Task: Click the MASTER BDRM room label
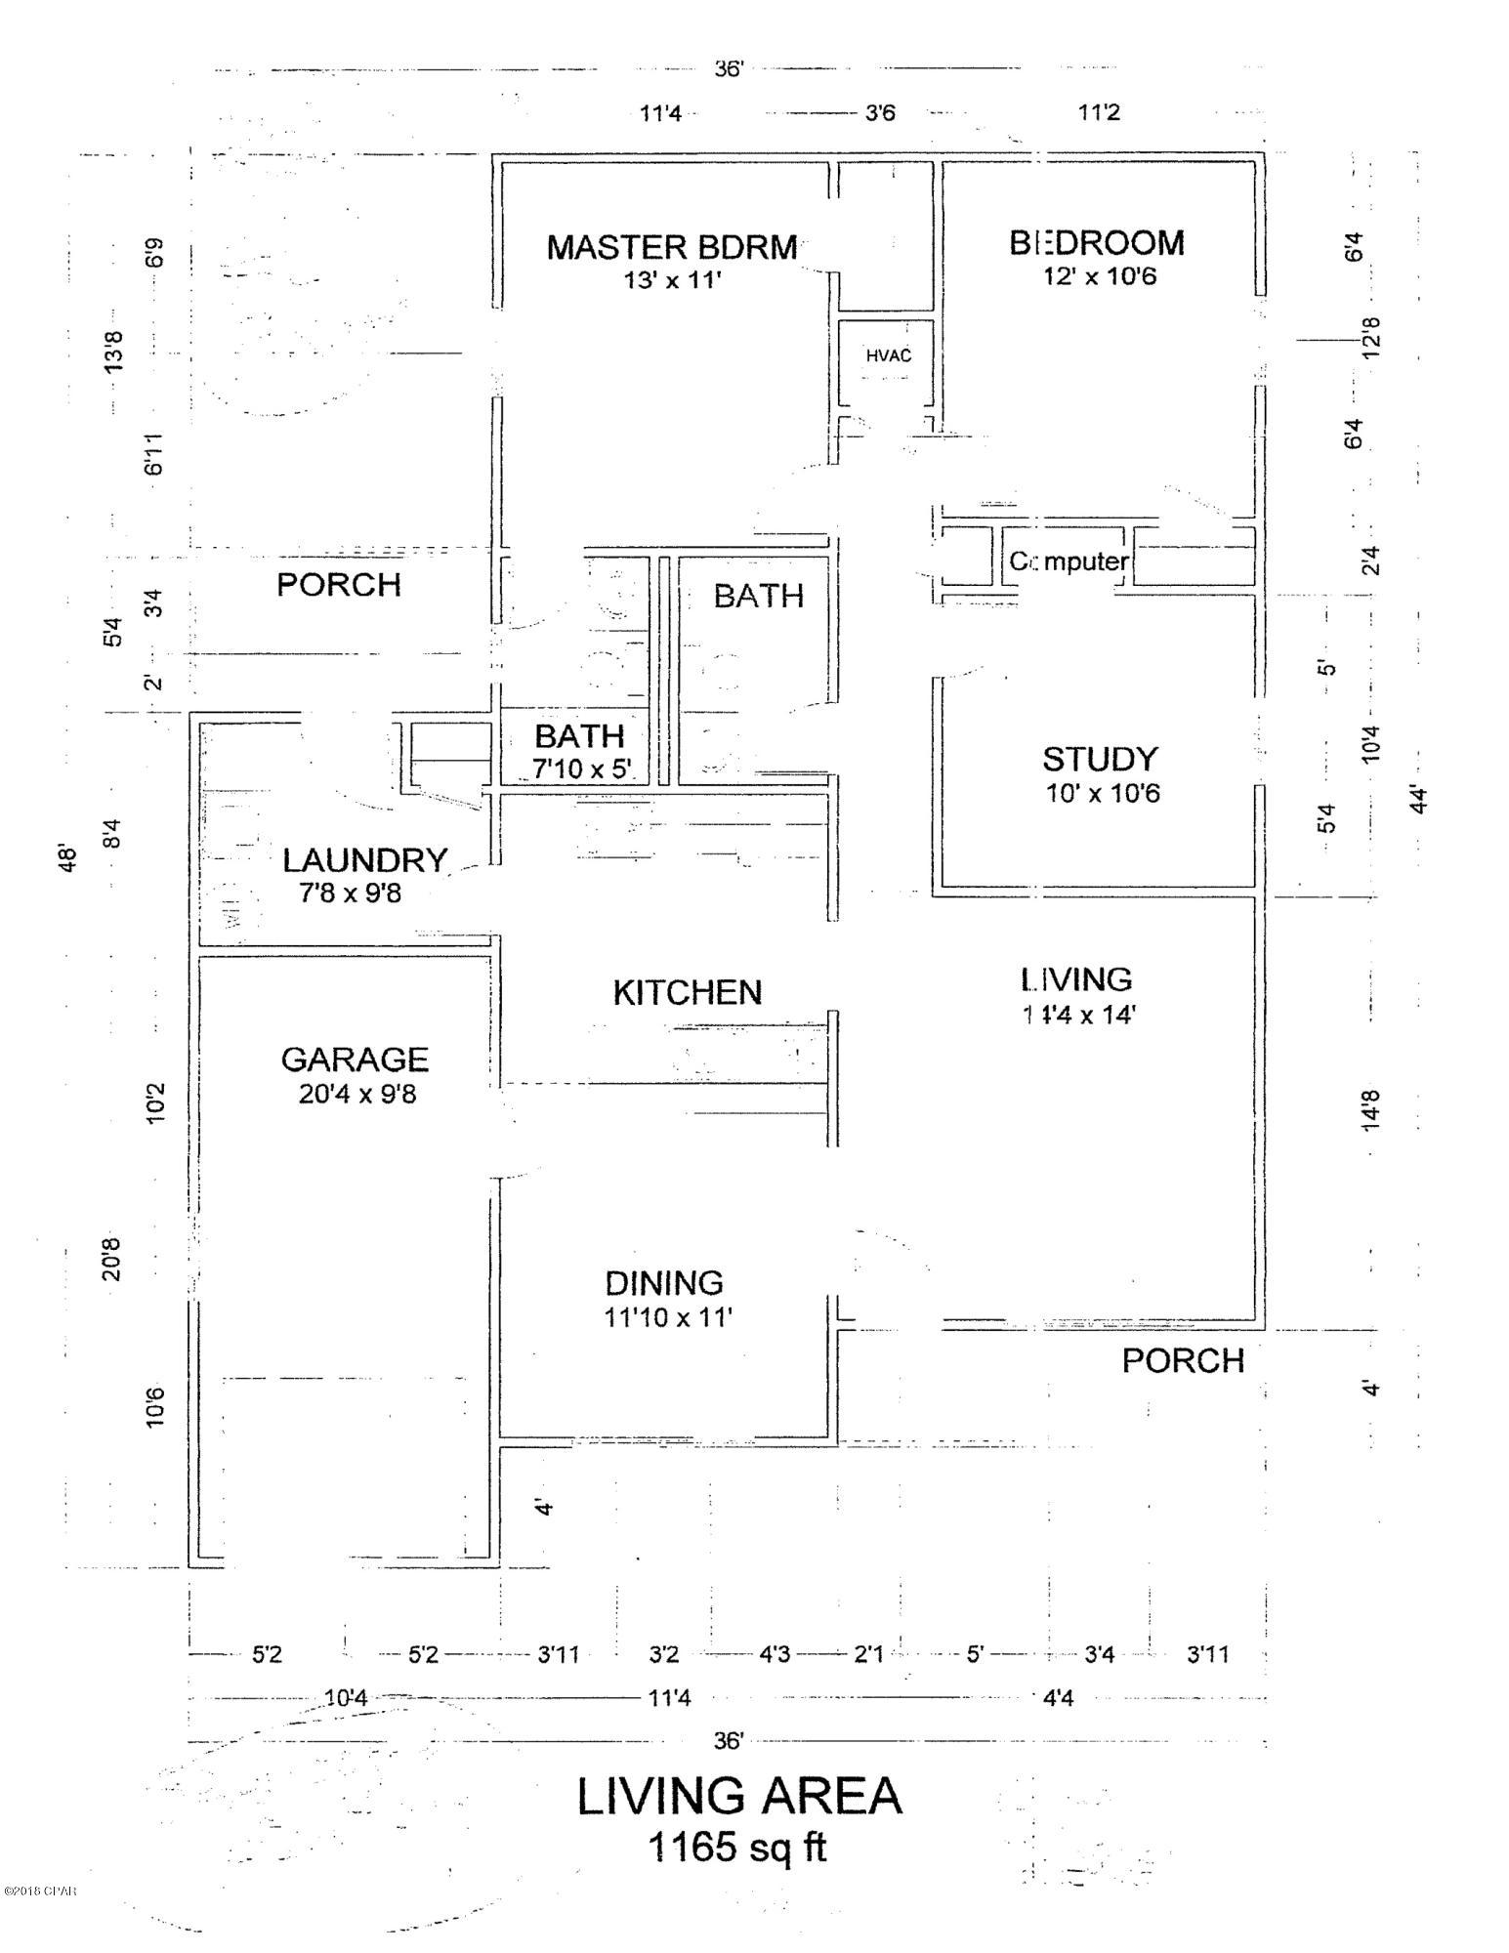(672, 247)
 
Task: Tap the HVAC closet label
(888, 355)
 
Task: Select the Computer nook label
(1069, 561)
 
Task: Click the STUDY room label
(1100, 759)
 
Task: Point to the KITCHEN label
(687, 992)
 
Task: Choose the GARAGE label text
(355, 1059)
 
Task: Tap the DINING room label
(664, 1282)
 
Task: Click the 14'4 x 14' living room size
(1077, 1015)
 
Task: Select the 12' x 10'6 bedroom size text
(1099, 276)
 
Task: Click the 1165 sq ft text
(737, 1847)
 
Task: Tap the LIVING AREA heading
(738, 1795)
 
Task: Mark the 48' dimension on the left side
(67, 859)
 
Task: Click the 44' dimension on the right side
(1419, 799)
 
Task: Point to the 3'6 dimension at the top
(879, 113)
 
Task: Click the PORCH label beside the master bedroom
(339, 584)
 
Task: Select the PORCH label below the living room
(1182, 1360)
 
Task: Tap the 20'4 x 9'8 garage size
(357, 1094)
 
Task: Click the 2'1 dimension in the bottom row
(867, 1654)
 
